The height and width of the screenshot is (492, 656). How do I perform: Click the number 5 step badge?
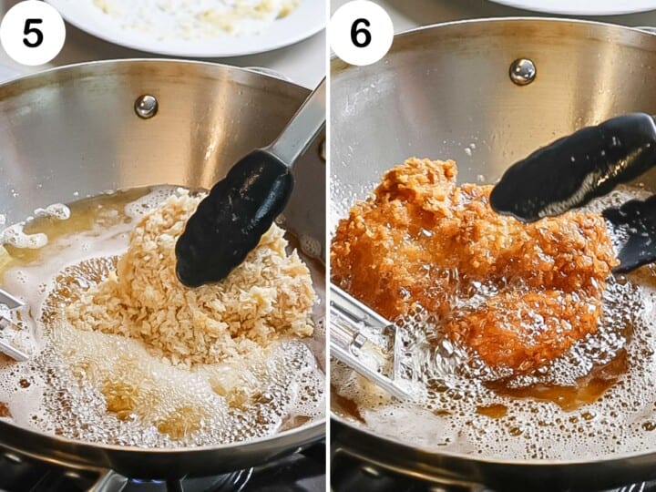tap(33, 33)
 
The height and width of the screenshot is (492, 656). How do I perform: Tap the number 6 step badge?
tap(361, 33)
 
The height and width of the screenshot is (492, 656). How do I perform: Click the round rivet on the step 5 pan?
tap(146, 107)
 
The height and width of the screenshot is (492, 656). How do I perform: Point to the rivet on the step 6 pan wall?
tap(522, 71)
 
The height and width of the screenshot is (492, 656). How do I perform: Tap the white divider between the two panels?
tap(328, 246)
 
